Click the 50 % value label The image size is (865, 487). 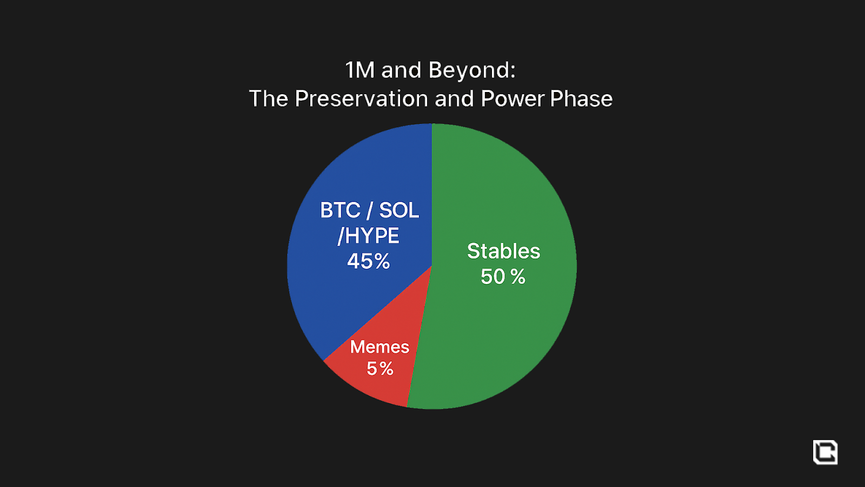[503, 277]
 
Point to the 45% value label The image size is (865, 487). [368, 261]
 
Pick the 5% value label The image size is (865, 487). [380, 368]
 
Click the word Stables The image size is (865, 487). [503, 251]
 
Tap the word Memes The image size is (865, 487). [380, 347]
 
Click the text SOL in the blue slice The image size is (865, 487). [399, 210]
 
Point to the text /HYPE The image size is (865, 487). [368, 236]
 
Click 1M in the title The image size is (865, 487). [360, 70]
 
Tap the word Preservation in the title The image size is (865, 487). [362, 98]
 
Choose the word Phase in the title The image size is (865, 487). [581, 98]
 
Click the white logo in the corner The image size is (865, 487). [825, 452]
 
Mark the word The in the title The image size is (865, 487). [269, 98]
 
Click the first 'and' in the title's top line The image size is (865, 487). [401, 71]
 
